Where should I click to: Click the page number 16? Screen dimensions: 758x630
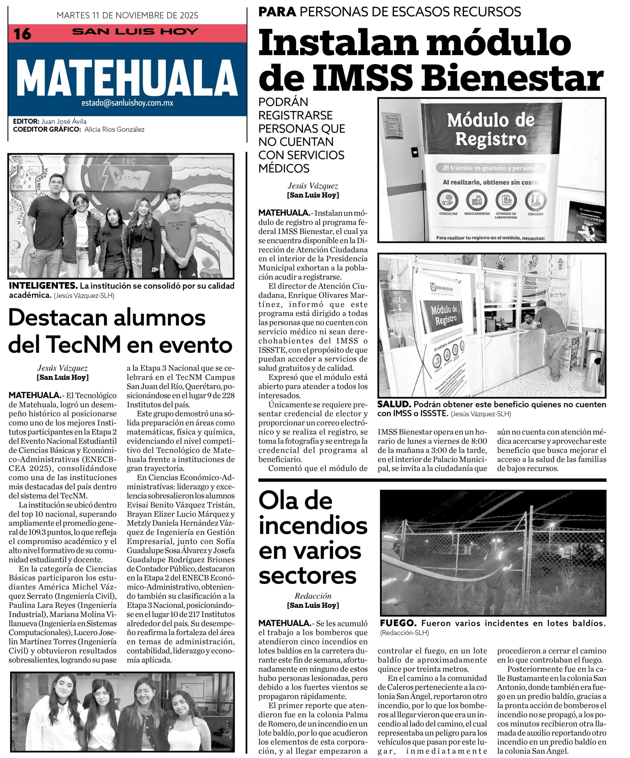(x=22, y=34)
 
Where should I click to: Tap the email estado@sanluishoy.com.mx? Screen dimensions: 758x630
(x=127, y=103)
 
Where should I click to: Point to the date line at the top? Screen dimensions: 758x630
(x=127, y=15)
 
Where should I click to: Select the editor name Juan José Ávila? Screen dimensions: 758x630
(x=64, y=121)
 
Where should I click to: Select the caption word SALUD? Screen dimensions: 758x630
(x=394, y=404)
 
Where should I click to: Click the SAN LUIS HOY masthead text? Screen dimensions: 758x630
(x=135, y=32)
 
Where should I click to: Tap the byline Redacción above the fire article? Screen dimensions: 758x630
(x=313, y=596)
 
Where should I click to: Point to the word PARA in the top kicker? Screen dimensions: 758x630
(x=277, y=12)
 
